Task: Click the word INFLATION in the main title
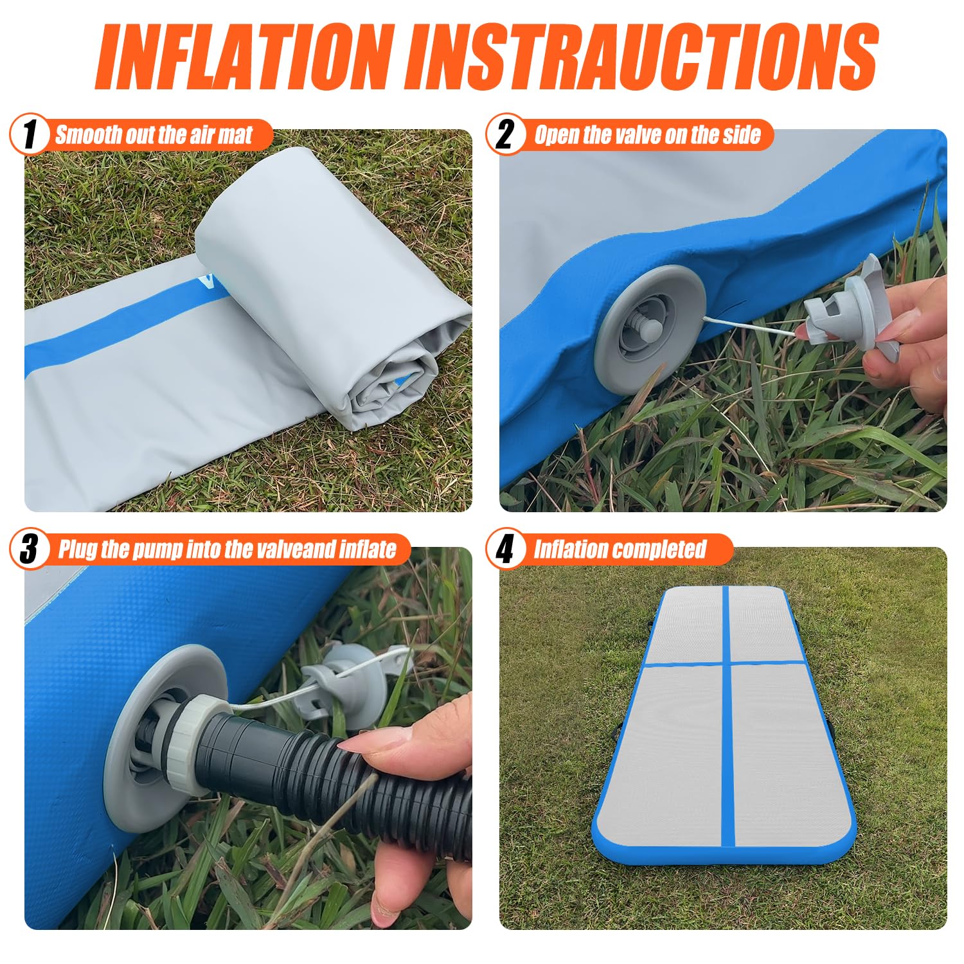[245, 57]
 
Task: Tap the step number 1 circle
[30, 135]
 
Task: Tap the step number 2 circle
[505, 135]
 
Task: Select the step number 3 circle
[30, 549]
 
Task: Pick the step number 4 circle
[505, 549]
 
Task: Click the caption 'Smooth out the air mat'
[154, 135]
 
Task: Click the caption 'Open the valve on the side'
[647, 135]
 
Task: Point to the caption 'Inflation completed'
[620, 549]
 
